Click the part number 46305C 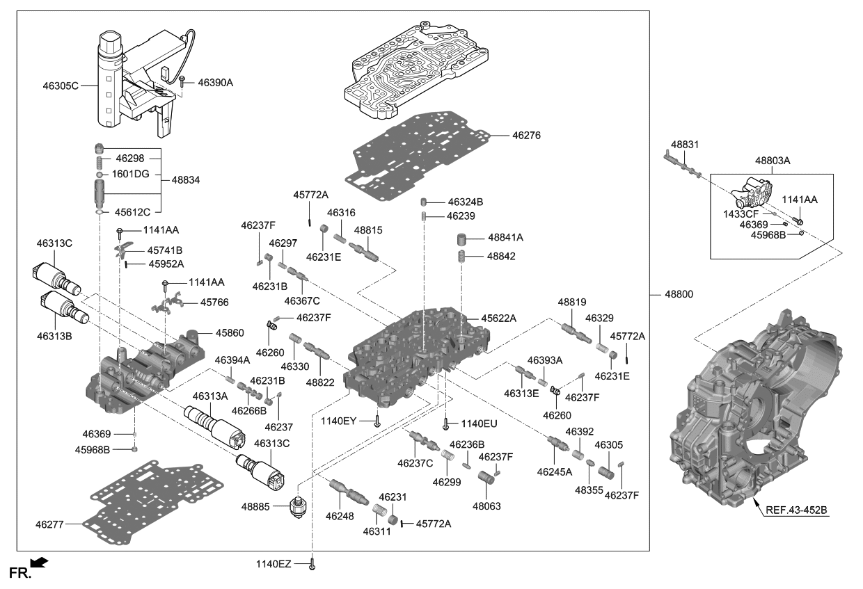click(x=60, y=86)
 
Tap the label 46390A click(x=215, y=83)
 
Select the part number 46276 click(x=526, y=134)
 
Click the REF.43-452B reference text click(x=797, y=510)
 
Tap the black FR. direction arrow click(x=40, y=561)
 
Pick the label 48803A click(x=773, y=160)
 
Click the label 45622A click(x=498, y=318)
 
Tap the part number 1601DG click(x=131, y=174)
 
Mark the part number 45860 click(x=230, y=333)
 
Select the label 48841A click(x=505, y=237)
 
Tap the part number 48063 click(x=486, y=506)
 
